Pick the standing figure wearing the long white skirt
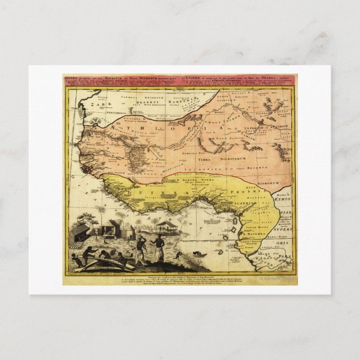(x=159, y=250)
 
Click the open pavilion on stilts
(x=167, y=226)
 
